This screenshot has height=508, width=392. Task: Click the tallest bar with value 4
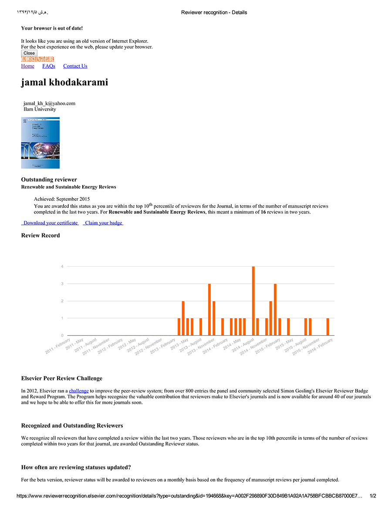[253, 301]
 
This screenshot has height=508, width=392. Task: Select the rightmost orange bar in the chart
[328, 327]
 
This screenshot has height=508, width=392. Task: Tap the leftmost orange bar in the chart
[179, 327]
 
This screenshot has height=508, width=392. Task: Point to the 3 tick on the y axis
[62, 284]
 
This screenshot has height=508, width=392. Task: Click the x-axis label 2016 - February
[321, 346]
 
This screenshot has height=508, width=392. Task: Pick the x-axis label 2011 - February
[58, 346]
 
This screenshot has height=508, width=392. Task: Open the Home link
[27, 66]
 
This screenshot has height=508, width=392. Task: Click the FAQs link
[49, 66]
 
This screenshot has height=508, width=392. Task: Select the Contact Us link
[75, 66]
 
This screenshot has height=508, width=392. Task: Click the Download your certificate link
[50, 223]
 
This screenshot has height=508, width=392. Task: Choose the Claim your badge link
[103, 223]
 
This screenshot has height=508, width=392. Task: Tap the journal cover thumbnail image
[41, 143]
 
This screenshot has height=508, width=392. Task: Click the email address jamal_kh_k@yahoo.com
[49, 103]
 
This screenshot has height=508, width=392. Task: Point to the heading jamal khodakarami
[64, 82]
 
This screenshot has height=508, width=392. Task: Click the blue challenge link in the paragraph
[79, 391]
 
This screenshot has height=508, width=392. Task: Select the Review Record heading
[41, 236]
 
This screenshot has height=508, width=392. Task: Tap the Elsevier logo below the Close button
[37, 59]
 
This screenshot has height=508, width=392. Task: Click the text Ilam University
[40, 109]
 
